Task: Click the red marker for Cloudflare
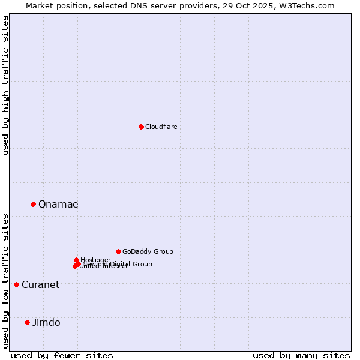coord(141,127)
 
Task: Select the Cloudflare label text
coord(161,127)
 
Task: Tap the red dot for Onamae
coord(33,204)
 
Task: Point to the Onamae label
coord(58,205)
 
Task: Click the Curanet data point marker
coord(16,284)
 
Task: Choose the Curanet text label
coord(40,285)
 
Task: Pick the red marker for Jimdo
coord(27,322)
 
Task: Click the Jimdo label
coord(46,323)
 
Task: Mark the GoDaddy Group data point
coord(118,251)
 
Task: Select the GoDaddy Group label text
coord(148,251)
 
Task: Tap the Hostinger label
coord(95,260)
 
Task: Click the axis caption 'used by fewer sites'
coord(62,355)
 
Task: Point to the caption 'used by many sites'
coord(301,355)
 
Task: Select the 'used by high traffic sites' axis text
coord(5,85)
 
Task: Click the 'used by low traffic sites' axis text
coord(5,280)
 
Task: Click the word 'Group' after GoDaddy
coord(163,251)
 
